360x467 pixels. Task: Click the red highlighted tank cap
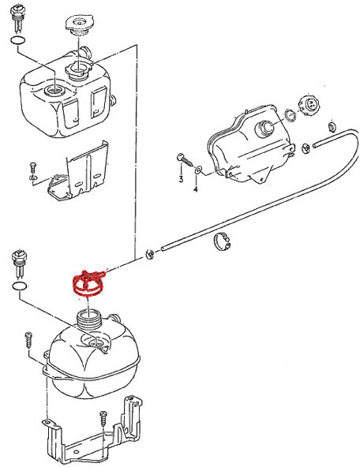pyautogui.click(x=88, y=284)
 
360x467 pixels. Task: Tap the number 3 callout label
pyautogui.click(x=181, y=179)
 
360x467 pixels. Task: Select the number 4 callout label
pyautogui.click(x=196, y=189)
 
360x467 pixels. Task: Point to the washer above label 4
pyautogui.click(x=198, y=170)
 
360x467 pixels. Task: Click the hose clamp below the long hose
pyautogui.click(x=222, y=241)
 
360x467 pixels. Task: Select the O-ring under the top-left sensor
pyautogui.click(x=18, y=40)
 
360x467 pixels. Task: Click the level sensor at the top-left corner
pyautogui.click(x=17, y=18)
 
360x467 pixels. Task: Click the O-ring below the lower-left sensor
pyautogui.click(x=20, y=286)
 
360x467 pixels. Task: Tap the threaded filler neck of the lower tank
pyautogui.click(x=89, y=319)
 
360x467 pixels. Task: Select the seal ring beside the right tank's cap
pyautogui.click(x=291, y=115)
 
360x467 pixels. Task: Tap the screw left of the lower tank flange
pyautogui.click(x=29, y=340)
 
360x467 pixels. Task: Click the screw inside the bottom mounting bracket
pyautogui.click(x=103, y=418)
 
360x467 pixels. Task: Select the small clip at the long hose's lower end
pyautogui.click(x=149, y=255)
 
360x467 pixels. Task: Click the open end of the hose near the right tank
pyautogui.click(x=314, y=145)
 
